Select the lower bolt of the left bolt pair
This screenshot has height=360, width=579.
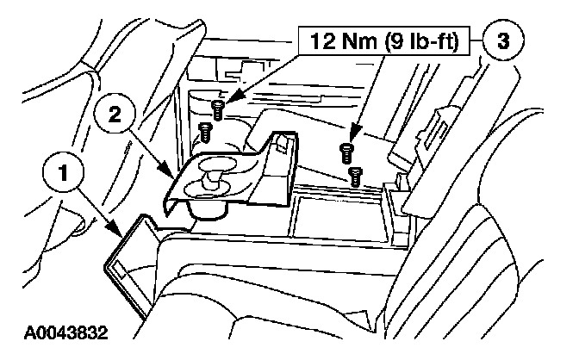[206, 132]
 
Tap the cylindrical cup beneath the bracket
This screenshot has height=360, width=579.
[203, 209]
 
